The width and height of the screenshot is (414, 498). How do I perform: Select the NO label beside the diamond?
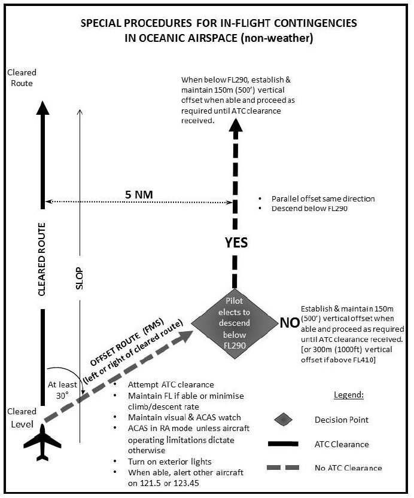[x=290, y=323]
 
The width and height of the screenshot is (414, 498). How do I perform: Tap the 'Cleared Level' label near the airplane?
[x=21, y=418]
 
